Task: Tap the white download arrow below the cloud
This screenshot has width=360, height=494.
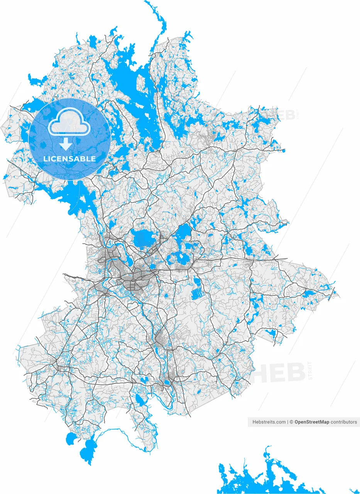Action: [x=66, y=144]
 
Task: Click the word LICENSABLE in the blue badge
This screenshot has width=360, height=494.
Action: [x=69, y=159]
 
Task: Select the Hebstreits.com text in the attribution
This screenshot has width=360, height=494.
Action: [x=269, y=422]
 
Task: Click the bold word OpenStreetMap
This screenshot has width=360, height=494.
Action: [x=312, y=422]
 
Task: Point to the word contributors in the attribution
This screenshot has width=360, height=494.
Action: [x=344, y=422]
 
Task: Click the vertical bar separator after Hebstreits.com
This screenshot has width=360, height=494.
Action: [x=288, y=422]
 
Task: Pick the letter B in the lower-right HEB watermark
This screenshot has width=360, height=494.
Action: [x=296, y=373]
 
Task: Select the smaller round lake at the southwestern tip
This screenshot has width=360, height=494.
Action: [x=71, y=439]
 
